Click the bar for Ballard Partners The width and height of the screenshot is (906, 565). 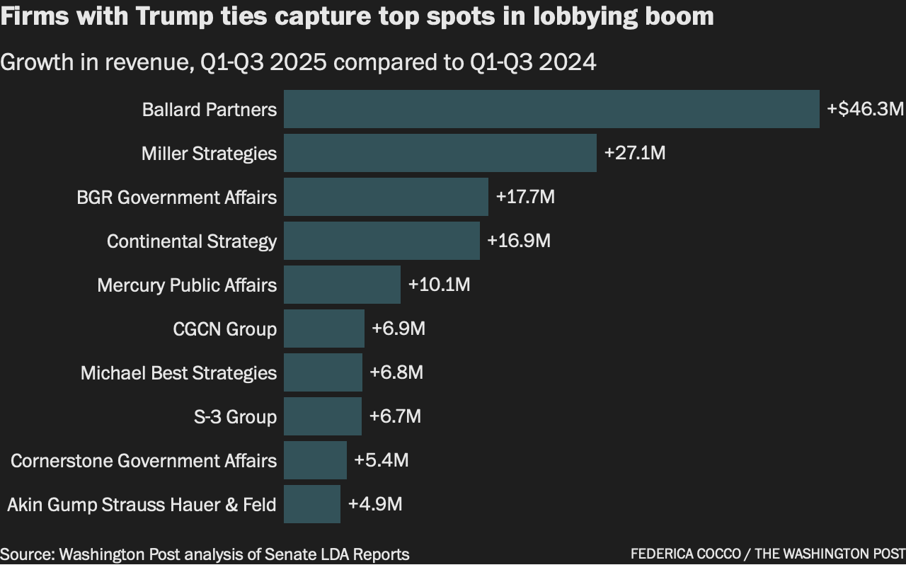point(551,109)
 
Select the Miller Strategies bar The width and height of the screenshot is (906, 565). point(440,153)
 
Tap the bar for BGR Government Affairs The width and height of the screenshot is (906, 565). point(386,197)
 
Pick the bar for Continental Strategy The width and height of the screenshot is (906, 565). point(382,241)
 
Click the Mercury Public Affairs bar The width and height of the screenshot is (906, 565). point(342,285)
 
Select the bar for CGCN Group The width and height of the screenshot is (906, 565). point(323,329)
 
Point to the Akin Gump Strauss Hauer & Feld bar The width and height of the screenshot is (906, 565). point(311,504)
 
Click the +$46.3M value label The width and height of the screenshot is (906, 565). point(865,109)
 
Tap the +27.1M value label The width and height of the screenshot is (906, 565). point(634,153)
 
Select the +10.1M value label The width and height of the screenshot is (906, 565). point(439,285)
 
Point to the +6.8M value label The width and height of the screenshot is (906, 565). point(396,372)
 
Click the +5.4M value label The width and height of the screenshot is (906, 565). point(381,460)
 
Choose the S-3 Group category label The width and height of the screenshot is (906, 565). point(235,416)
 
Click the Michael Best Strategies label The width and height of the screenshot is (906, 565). point(178,372)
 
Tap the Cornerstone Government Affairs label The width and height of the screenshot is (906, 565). point(144,460)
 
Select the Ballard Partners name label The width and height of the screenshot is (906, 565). point(210,109)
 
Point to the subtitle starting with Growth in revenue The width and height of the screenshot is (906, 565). point(298,62)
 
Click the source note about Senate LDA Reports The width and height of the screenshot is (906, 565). point(205,554)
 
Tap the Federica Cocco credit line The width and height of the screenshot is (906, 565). point(767,554)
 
